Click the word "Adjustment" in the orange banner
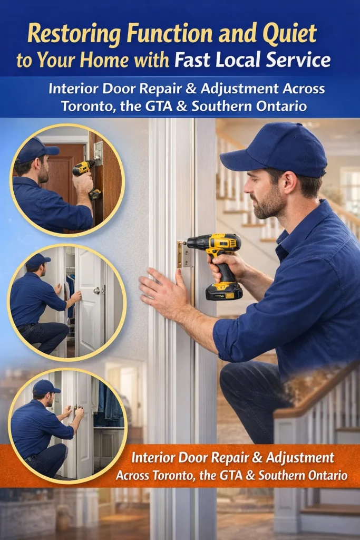click(x=300, y=458)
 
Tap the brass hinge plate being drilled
click(x=184, y=255)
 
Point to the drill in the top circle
click(x=85, y=176)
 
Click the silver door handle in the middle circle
click(x=98, y=291)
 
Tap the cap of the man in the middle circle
click(x=37, y=261)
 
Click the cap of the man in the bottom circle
click(x=46, y=387)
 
